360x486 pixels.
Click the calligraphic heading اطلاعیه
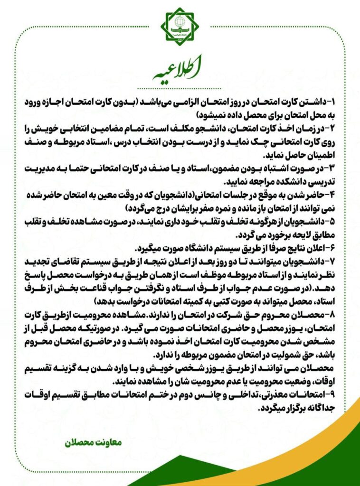(180, 70)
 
